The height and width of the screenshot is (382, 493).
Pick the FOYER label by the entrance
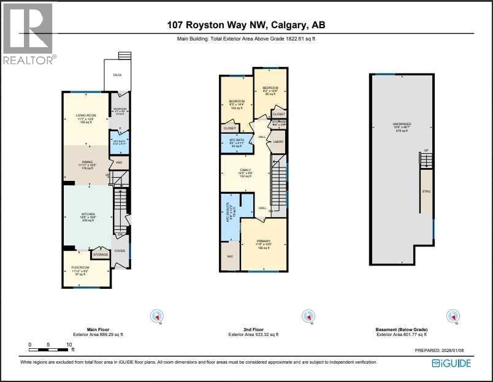pyautogui.click(x=120, y=250)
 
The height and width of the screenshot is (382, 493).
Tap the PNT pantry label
pyautogui.click(x=119, y=162)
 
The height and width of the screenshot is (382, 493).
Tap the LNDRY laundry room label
pyautogui.click(x=278, y=142)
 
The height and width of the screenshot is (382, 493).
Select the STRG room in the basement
pyautogui.click(x=426, y=192)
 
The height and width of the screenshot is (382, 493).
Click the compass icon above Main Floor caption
pyautogui.click(x=158, y=316)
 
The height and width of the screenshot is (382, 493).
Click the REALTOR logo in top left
pyautogui.click(x=28, y=33)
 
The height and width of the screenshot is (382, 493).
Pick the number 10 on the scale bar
pyautogui.click(x=69, y=345)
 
